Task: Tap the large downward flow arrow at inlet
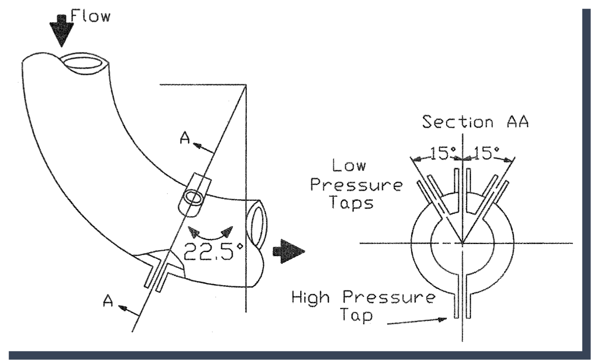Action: tap(63, 30)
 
